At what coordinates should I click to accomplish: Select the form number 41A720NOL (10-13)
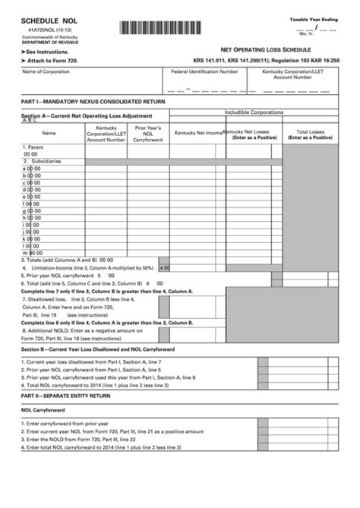(x=43, y=36)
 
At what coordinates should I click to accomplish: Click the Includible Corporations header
(x=254, y=112)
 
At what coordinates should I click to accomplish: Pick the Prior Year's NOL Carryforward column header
(x=148, y=134)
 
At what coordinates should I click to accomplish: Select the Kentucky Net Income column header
(x=198, y=133)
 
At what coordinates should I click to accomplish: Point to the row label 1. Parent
(x=33, y=147)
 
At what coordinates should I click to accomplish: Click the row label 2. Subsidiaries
(x=42, y=161)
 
